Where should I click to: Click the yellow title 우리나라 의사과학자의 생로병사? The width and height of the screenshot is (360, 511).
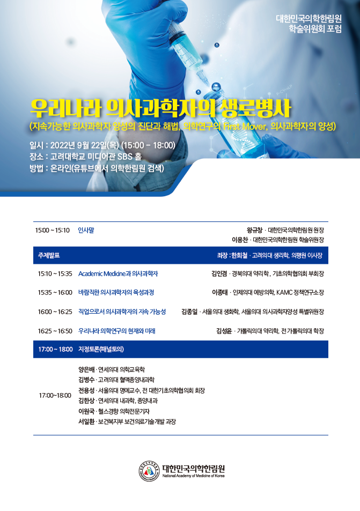[x=160, y=108]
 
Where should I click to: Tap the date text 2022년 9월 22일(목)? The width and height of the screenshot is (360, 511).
[x=84, y=145]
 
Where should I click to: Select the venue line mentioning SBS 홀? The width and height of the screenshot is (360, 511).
[x=85, y=157]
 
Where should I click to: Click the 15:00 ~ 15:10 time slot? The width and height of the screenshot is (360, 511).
[x=53, y=231]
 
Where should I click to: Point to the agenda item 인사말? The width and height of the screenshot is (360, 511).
[x=86, y=231]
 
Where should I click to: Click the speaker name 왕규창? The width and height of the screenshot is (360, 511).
[x=254, y=231]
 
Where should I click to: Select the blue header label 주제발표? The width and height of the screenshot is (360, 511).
[x=49, y=255]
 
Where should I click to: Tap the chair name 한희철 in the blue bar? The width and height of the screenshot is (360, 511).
[x=239, y=255]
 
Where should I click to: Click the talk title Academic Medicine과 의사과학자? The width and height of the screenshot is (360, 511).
[x=118, y=274]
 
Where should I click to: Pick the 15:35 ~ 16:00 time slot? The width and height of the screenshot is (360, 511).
[x=55, y=293]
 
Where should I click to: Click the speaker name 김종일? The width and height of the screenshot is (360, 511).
[x=189, y=312]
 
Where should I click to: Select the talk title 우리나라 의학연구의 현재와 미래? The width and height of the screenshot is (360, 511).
[x=117, y=331]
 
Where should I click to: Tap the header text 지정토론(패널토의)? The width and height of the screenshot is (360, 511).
[x=101, y=350]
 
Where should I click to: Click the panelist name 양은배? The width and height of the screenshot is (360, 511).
[x=86, y=369]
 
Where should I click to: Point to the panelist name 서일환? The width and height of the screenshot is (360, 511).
[x=86, y=421]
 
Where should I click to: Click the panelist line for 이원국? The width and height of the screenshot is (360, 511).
[x=114, y=411]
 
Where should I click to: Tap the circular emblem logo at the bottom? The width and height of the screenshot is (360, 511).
[x=149, y=471]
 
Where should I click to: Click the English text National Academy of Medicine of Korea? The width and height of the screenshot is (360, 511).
[x=193, y=476]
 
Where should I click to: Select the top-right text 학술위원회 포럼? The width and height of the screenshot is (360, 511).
[x=315, y=29]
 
